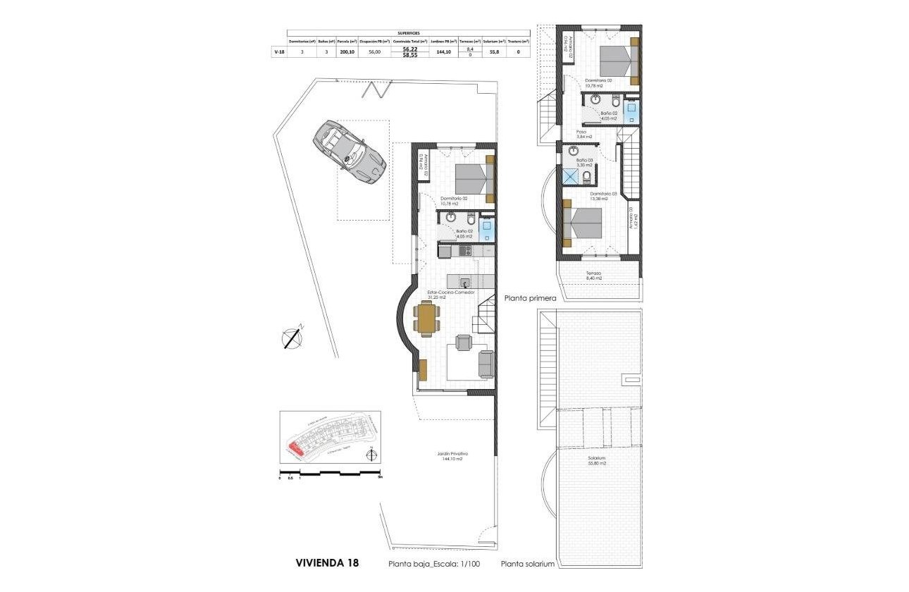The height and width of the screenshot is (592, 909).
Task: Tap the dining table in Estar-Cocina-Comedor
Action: tap(427, 318)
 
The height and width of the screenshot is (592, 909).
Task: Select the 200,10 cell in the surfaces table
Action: tap(347, 51)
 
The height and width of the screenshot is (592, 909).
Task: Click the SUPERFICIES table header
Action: tap(409, 32)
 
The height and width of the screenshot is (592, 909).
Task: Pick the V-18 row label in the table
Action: tap(279, 51)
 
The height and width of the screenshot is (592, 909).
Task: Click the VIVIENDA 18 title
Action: tap(326, 563)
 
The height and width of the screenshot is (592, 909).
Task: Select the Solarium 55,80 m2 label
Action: tap(598, 460)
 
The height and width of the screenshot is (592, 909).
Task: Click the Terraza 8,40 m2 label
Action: tap(593, 276)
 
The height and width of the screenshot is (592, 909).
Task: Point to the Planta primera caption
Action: tap(531, 298)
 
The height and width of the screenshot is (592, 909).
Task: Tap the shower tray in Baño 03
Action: tap(569, 175)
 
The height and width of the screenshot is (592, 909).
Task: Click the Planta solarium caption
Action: tap(528, 565)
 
